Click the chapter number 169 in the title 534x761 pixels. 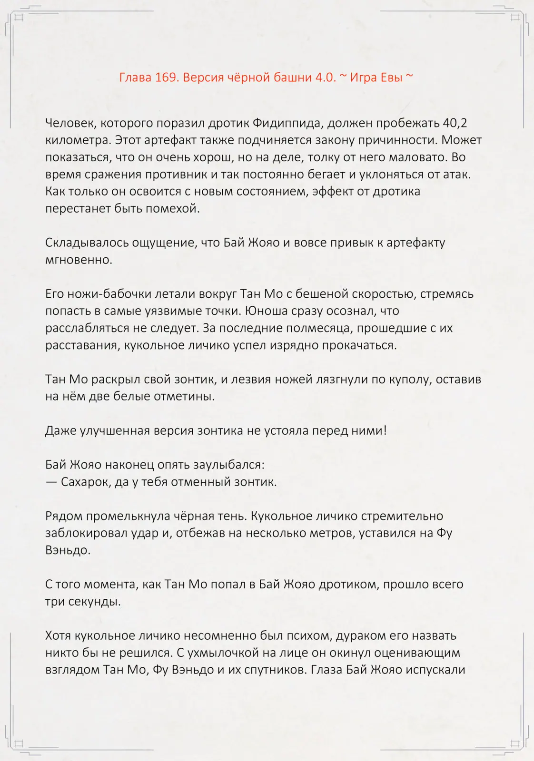coord(166,77)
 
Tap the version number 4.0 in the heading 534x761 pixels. coord(326,77)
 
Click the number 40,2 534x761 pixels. coord(455,123)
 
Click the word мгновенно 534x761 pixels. coord(79,260)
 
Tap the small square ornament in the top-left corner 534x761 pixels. coord(19,18)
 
